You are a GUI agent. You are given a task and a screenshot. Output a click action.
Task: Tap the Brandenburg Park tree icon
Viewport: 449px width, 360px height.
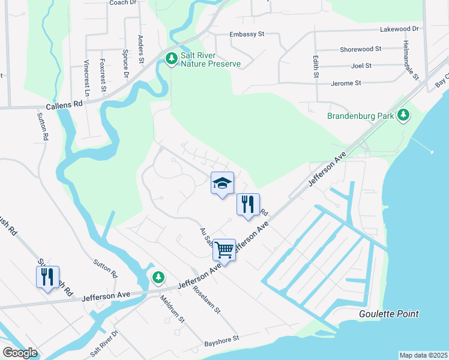pyautogui.click(x=404, y=115)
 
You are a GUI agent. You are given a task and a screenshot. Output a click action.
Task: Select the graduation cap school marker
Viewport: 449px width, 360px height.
pyautogui.click(x=221, y=183)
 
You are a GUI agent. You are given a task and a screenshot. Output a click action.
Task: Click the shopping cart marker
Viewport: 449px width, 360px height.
pyautogui.click(x=224, y=249)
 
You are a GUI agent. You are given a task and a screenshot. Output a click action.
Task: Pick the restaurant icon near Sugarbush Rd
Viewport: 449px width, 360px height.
pyautogui.click(x=47, y=277)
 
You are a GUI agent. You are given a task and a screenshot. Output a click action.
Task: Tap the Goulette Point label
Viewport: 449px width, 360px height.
pyautogui.click(x=388, y=314)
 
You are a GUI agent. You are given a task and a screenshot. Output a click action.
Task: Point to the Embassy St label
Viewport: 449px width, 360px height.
pyautogui.click(x=247, y=35)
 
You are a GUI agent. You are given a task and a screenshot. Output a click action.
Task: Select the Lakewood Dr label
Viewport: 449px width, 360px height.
pyautogui.click(x=399, y=29)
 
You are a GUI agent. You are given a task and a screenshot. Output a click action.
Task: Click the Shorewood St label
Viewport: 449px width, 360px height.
pyautogui.click(x=360, y=49)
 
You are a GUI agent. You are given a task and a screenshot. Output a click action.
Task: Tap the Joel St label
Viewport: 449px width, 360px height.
pyautogui.click(x=361, y=65)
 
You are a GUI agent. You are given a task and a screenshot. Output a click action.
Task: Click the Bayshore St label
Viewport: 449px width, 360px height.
pyautogui.click(x=221, y=339)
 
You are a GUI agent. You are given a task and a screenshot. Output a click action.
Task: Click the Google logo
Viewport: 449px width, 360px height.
pyautogui.click(x=20, y=353)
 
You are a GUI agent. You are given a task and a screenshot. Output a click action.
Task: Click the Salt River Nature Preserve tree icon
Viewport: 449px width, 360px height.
pyautogui.click(x=172, y=58)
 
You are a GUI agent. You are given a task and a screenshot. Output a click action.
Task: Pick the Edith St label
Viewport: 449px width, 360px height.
pyautogui.click(x=315, y=67)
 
